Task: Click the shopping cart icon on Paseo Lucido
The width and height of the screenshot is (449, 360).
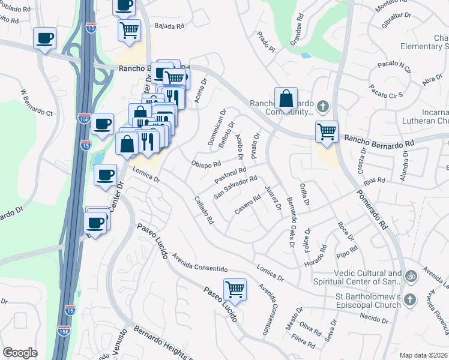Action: click(x=235, y=290)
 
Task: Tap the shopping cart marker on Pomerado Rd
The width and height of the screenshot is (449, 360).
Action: click(x=327, y=131)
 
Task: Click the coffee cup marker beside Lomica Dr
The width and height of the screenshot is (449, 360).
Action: click(x=106, y=175)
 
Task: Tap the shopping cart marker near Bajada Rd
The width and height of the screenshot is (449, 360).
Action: click(x=129, y=30)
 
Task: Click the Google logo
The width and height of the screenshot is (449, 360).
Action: click(x=20, y=353)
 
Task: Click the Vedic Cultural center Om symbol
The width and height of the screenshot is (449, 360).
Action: click(x=411, y=277)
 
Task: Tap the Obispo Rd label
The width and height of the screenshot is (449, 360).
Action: click(x=206, y=164)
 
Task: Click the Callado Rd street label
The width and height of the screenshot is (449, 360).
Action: click(x=204, y=210)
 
